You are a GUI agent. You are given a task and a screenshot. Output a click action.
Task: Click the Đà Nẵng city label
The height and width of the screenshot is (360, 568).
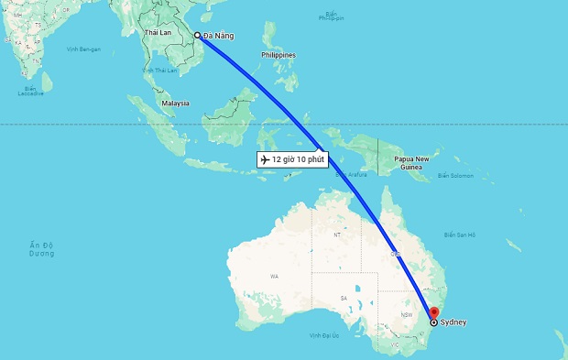pyautogui.click(x=220, y=36)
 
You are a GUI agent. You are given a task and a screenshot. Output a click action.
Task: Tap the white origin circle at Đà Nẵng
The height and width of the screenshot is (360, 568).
pyautogui.click(x=197, y=36)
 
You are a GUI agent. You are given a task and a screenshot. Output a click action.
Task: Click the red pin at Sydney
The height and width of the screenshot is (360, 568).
pyautogui.click(x=434, y=311)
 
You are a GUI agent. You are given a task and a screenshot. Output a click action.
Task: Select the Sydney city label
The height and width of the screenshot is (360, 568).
pyautogui.click(x=453, y=322)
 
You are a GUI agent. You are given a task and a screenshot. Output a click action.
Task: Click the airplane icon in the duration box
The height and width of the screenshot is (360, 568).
pyautogui.click(x=266, y=159)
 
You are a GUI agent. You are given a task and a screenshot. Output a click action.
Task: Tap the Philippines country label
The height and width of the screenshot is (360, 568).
pyautogui.click(x=279, y=55)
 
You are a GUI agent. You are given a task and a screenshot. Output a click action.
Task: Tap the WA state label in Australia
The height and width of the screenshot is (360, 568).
pyautogui.click(x=273, y=276)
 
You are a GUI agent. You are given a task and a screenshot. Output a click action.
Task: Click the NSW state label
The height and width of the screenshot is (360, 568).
pyautogui.click(x=406, y=315)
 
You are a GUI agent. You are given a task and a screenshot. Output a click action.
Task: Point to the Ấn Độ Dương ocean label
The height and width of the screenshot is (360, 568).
pyautogui.click(x=42, y=248)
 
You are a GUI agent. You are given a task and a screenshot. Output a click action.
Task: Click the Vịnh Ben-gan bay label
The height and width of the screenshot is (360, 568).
pyautogui.click(x=82, y=48)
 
